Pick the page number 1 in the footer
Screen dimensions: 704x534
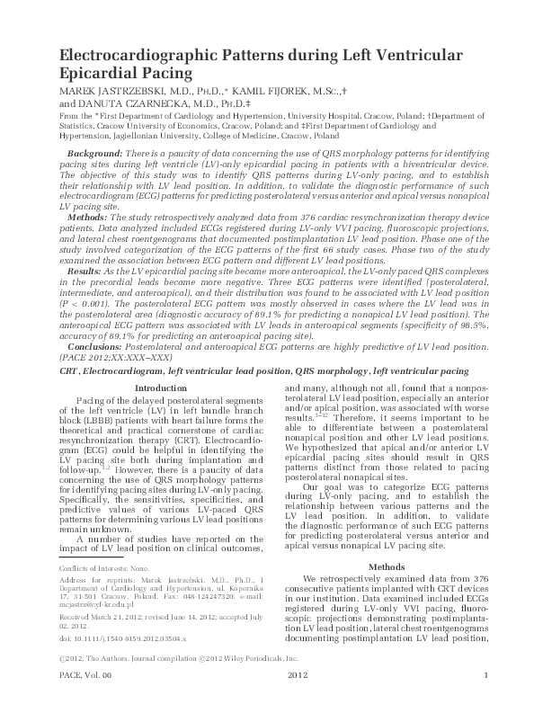click(485, 700)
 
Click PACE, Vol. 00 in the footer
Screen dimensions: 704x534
click(83, 700)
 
